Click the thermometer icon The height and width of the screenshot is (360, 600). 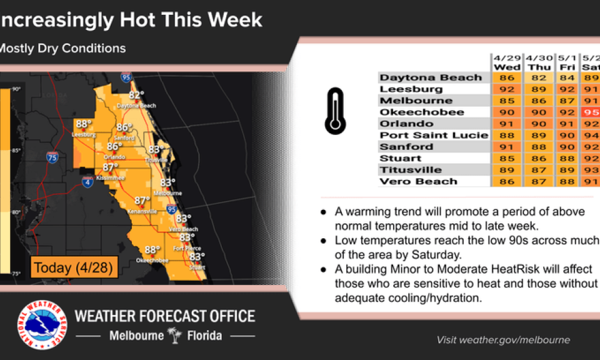335,112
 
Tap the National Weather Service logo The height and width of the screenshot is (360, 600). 42,325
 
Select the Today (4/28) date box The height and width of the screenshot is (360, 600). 72,267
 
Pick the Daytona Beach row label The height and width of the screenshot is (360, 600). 431,77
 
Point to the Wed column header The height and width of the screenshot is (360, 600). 507,67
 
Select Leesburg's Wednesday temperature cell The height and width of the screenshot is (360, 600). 507,89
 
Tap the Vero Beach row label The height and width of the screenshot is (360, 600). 418,181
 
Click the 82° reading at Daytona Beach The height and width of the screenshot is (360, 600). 136,95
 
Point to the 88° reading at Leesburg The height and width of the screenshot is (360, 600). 83,124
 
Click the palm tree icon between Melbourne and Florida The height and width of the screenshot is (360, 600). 174,336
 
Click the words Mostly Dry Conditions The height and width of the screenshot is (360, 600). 62,48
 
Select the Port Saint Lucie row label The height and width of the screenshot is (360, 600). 434,135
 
